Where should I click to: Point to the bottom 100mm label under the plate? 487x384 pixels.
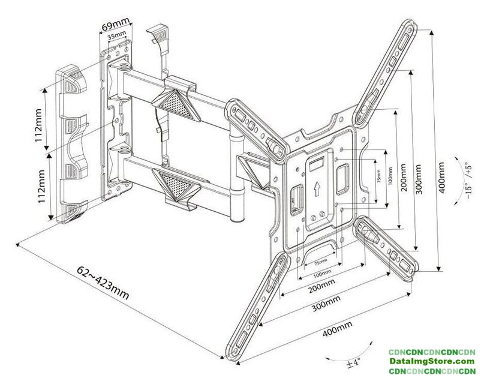pos(321,273)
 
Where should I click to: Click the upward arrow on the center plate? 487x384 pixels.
pos(315,190)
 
